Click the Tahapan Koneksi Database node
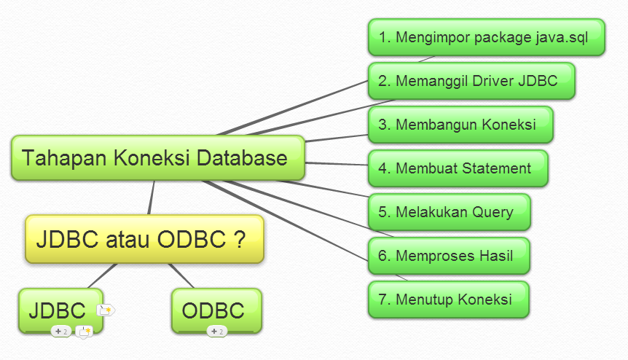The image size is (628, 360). pos(158,158)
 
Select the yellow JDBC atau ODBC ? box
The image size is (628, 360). pos(144,239)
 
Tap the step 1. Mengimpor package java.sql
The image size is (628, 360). pos(486,37)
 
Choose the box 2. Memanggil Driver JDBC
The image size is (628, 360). pos(471,81)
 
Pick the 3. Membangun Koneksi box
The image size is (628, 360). pos(460,125)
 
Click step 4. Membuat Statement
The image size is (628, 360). pos(458,168)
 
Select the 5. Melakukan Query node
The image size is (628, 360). pos(450,212)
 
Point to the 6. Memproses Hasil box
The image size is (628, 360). pos(449,256)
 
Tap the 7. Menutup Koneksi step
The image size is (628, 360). pos(449,299)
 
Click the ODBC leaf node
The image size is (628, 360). pos(216,310)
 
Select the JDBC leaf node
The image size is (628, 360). pos(61,310)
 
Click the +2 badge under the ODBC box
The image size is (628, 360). pos(217,332)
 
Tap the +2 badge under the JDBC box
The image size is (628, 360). pos(61,332)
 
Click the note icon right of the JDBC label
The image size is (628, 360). pos(106,310)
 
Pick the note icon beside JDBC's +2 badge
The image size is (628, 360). pos(84,332)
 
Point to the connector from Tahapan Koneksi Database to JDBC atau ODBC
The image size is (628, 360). pos(151,197)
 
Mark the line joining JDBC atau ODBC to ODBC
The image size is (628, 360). pos(181,276)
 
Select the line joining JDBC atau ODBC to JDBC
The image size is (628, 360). pos(103,276)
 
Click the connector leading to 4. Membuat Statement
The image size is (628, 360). pos(337,163)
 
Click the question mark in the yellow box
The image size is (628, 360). pos(239,239)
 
